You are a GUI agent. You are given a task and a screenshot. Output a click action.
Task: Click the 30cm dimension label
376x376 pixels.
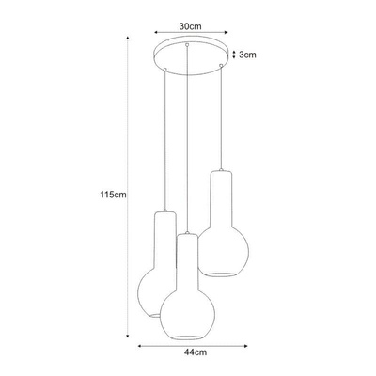tap(190, 26)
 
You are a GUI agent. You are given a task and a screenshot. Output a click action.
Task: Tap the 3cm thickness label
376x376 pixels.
tap(247, 55)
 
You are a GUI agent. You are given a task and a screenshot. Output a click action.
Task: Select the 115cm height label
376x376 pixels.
tap(114, 195)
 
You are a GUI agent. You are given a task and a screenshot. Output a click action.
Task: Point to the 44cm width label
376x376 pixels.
tap(196, 352)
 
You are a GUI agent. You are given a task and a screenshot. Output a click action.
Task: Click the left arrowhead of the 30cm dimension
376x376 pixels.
tap(155, 32)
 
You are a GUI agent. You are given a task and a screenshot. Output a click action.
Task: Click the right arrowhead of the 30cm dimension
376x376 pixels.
tap(227, 32)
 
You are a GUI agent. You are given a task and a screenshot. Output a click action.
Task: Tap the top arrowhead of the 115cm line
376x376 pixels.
tap(128, 38)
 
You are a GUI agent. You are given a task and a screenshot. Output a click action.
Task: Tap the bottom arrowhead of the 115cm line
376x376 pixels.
tap(128, 336)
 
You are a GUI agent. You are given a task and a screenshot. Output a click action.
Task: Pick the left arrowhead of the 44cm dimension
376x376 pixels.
tap(140, 346)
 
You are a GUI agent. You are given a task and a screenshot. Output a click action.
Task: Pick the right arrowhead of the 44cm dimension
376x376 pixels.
tap(245, 346)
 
